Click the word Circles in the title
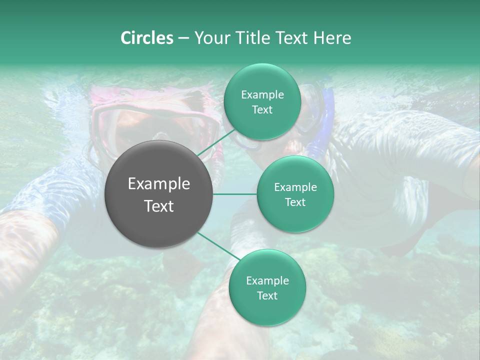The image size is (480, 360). pos(146,38)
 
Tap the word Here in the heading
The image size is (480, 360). pos(332,38)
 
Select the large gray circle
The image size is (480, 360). pos(159,194)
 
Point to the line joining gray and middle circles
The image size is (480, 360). pos(235,194)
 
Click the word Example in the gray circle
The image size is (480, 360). pos(159,184)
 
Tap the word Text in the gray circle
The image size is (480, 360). pos(159,206)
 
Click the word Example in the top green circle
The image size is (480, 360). pos(262,95)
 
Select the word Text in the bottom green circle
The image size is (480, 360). pos(267,295)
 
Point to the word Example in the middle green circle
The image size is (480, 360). pos(295,187)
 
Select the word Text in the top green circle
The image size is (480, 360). pos(262,110)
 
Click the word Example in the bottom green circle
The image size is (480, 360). pos(267,281)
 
